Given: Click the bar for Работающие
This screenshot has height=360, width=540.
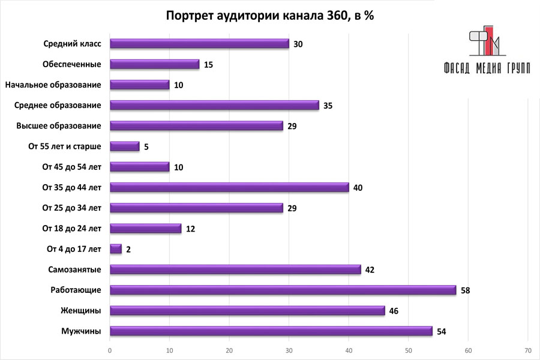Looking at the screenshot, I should click(x=283, y=290).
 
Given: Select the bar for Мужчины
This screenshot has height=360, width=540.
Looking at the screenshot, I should click(x=271, y=331).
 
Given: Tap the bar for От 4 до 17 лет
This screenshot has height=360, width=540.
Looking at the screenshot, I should click(x=116, y=249).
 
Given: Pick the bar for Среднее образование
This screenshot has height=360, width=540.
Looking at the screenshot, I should click(x=214, y=106).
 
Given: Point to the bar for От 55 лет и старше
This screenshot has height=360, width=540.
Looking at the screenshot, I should click(x=125, y=146).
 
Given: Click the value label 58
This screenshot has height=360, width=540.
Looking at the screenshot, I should click(x=466, y=290).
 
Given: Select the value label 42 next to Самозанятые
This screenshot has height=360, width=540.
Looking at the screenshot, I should click(x=371, y=270).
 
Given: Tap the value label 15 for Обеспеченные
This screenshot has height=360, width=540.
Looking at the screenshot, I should click(x=209, y=65).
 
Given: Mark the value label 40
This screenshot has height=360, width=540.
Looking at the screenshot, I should click(x=358, y=188).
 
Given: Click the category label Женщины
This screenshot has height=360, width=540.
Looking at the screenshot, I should click(x=80, y=311).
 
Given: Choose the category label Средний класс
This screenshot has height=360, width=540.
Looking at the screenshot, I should click(x=72, y=44).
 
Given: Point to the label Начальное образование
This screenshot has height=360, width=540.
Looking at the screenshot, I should click(x=53, y=85).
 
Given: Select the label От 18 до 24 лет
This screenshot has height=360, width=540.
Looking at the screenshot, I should click(x=71, y=229).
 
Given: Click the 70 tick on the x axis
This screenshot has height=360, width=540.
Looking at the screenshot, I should click(x=527, y=350).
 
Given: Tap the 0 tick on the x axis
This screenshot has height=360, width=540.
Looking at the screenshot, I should click(x=110, y=350).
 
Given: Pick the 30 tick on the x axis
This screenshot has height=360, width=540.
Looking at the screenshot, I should click(x=289, y=350).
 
